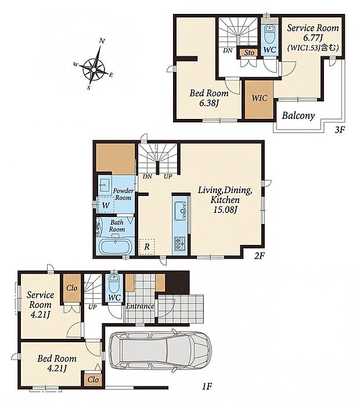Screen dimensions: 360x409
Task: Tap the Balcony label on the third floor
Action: tap(298, 115)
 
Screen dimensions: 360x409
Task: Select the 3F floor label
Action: tap(340, 129)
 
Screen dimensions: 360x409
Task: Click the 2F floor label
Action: tap(260, 256)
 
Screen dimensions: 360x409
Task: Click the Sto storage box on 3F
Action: tap(249, 53)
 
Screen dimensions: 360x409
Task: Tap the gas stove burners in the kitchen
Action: tap(179, 243)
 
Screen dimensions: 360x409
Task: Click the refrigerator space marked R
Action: tap(147, 247)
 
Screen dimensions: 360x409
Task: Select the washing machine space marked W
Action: tap(106, 205)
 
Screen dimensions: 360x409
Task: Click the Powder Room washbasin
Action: tap(104, 184)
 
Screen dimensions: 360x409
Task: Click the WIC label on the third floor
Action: tap(259, 98)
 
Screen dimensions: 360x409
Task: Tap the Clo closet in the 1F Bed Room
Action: tap(93, 379)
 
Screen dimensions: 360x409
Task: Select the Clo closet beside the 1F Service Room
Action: tap(72, 288)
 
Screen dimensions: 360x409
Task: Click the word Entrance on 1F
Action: tap(140, 306)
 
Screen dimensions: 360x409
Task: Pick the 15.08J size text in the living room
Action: tap(225, 210)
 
